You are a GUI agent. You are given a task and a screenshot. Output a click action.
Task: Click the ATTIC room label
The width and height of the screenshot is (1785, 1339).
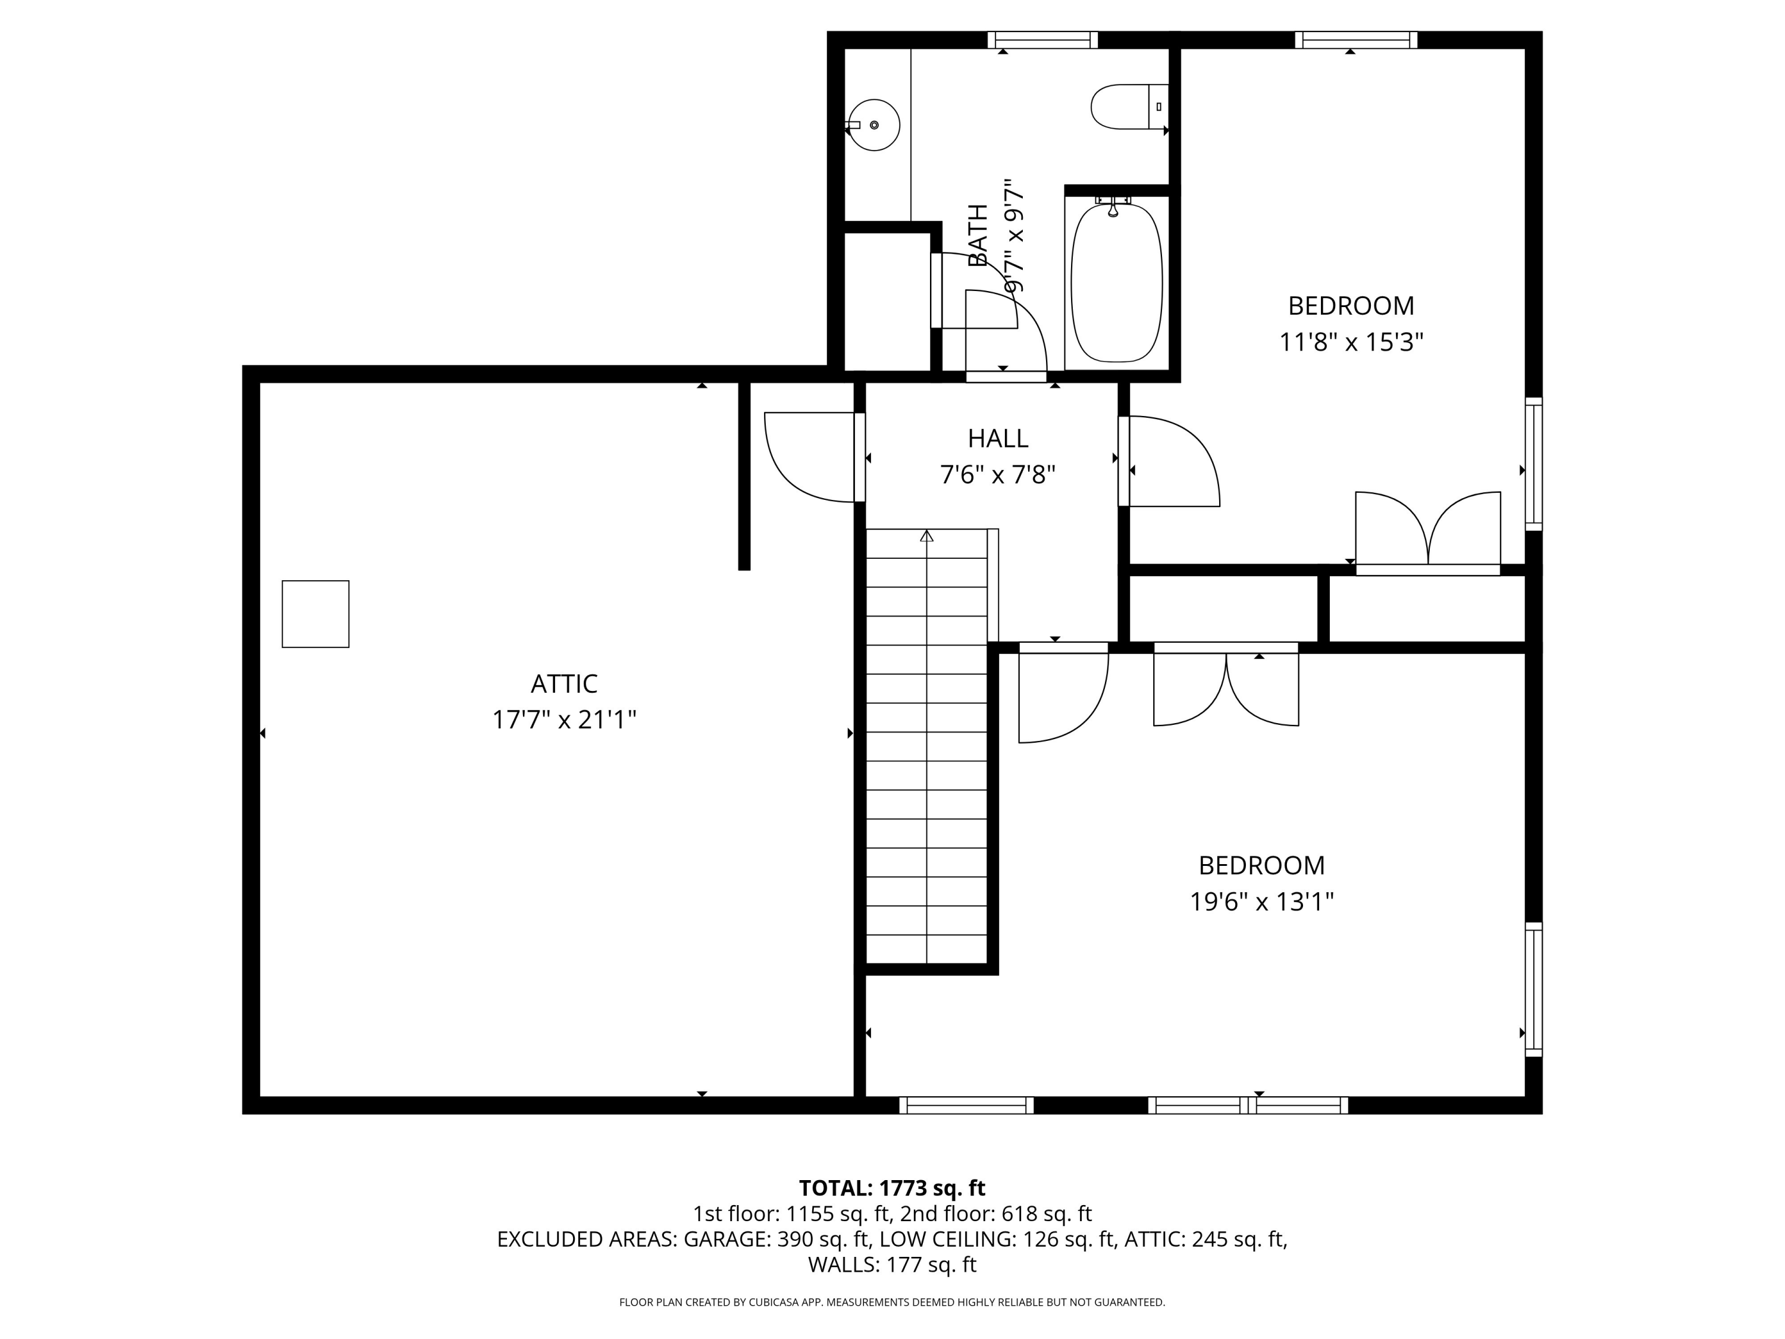564,684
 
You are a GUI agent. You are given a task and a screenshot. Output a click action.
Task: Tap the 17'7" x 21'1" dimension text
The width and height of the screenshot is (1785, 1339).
564,719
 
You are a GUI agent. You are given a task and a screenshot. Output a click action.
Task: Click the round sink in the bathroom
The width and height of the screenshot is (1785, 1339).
875,125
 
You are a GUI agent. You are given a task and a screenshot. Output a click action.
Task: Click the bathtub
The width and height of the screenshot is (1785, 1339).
1116,283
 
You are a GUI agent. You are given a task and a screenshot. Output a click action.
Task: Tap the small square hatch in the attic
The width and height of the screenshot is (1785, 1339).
315,614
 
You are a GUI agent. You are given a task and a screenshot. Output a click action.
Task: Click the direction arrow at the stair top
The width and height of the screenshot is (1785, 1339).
926,536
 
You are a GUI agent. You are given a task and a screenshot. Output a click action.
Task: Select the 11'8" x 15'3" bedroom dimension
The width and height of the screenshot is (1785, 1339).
1351,342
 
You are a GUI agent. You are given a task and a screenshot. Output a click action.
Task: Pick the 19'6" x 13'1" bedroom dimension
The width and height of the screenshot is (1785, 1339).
1261,901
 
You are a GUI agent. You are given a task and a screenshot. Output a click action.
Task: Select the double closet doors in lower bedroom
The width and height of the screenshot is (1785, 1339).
1226,688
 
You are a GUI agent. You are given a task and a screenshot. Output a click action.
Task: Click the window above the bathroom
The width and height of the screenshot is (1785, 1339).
1042,39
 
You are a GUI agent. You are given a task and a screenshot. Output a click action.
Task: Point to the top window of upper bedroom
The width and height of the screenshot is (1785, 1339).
1355,39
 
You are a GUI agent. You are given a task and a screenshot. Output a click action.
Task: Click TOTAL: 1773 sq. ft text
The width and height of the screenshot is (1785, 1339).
892,1188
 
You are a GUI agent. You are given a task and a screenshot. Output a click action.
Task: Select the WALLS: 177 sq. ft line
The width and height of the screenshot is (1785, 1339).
892,1264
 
